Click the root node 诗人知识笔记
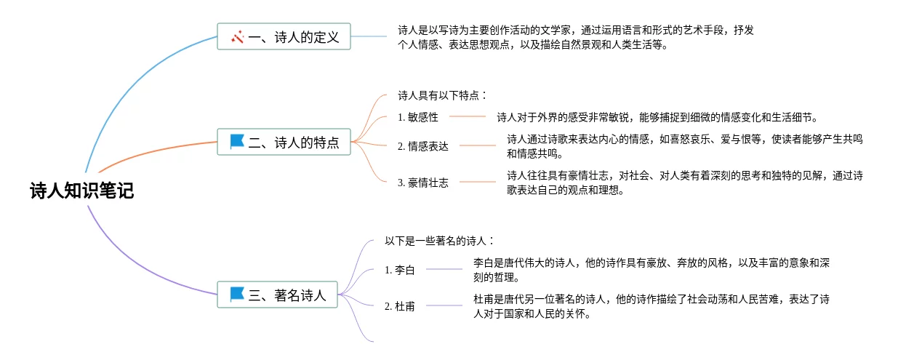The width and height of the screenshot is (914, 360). pos(81,191)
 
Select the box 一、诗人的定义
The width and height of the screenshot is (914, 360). pos(284,36)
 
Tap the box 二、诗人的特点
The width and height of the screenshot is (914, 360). pos(284,142)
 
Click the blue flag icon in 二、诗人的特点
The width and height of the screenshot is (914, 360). pos(237,142)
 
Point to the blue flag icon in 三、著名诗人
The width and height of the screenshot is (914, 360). pos(237,295)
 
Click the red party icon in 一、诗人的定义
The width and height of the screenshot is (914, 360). pos(237,36)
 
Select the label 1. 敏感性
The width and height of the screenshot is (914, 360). pos(418,117)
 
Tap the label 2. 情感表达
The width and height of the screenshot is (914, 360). pos(423,145)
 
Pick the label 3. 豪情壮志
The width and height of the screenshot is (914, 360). pos(423,183)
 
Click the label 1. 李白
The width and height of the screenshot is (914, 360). pos(400,270)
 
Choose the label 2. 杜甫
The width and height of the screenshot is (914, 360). pos(400,306)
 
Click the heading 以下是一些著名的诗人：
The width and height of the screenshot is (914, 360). pos(440,241)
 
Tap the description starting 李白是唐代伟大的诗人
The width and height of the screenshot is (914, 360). pos(651,270)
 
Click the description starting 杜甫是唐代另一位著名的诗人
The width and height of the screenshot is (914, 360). pos(651,306)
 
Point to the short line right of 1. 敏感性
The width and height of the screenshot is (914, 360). pos(468,116)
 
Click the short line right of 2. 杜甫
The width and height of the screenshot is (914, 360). pos(444,305)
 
